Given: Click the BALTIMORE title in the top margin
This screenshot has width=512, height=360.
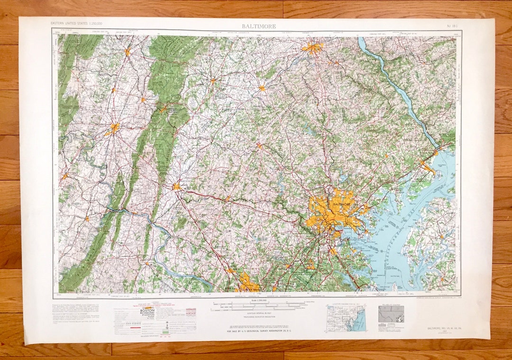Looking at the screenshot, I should (x=258, y=26).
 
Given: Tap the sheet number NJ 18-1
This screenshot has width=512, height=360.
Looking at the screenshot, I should (x=452, y=26).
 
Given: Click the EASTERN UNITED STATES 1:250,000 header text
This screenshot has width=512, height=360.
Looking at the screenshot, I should (x=76, y=23).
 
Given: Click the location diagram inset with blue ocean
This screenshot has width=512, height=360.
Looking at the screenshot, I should (x=346, y=317).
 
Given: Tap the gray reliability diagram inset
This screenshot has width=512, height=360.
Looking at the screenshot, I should (x=391, y=314).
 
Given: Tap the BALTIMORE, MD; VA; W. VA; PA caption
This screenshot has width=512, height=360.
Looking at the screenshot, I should (x=443, y=328).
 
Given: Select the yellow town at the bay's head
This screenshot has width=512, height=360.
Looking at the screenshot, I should (x=428, y=168).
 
